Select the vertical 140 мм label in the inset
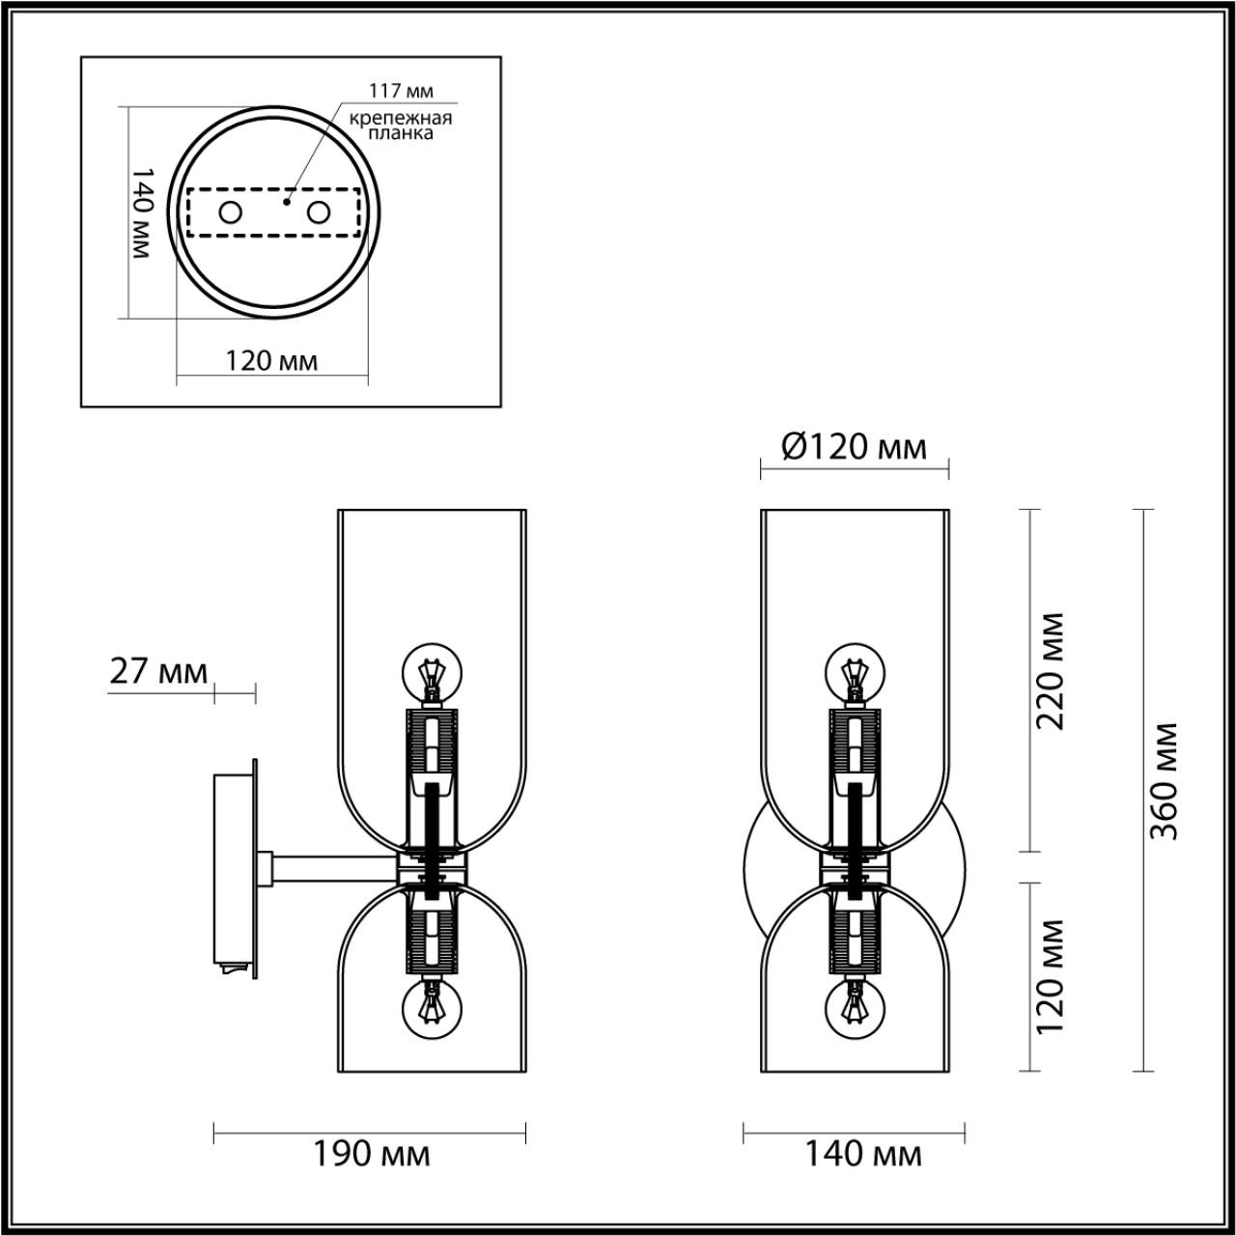(x=142, y=211)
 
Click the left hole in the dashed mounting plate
(x=230, y=212)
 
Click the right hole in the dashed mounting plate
(x=319, y=212)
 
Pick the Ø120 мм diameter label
(x=854, y=447)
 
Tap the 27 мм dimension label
(x=158, y=670)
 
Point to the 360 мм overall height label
(x=1167, y=780)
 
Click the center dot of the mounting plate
(x=286, y=203)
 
